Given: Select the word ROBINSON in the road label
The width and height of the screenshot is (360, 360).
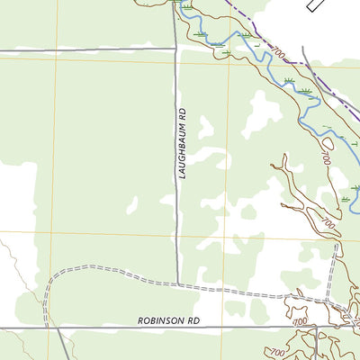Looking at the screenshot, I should pos(161,320).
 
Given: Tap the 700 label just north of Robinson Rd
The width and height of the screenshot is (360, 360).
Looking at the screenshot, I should pos(301,321).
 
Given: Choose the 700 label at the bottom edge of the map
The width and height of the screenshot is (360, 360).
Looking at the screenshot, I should pos(274,352).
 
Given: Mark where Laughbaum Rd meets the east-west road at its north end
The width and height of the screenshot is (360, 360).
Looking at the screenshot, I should pos(175,49).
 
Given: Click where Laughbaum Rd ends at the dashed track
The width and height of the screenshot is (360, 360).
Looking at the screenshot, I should pos(176,285).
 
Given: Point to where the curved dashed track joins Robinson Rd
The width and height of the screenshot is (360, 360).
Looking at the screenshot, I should pos(45,328).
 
